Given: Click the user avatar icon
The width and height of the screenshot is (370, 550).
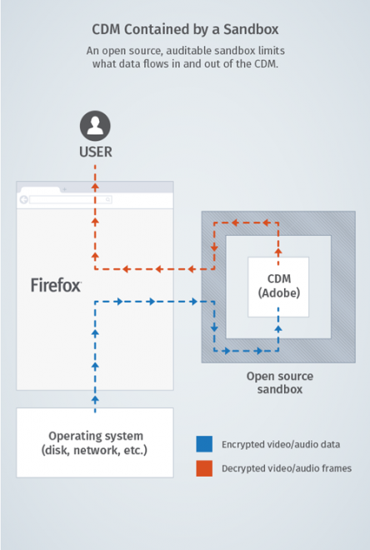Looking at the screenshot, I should point(94,126).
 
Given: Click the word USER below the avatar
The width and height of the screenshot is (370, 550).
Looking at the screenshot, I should point(94,152).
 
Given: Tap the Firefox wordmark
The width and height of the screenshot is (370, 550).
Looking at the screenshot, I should point(56,285).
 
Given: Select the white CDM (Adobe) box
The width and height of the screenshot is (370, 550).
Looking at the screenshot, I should point(278,287).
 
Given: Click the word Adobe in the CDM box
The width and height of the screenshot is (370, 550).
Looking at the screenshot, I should point(278,293).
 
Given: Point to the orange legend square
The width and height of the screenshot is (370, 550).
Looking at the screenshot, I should point(204,468).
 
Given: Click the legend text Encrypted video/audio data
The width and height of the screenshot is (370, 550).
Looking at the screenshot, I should point(280,444).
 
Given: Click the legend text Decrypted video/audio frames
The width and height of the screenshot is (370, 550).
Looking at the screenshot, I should point(287,468).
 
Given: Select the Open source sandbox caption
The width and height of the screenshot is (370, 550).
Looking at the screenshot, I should point(279,382).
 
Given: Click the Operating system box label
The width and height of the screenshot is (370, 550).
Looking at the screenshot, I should point(95,442).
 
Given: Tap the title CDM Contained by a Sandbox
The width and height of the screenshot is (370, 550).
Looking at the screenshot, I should point(186,30).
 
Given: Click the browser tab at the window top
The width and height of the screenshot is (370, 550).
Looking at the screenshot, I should point(40,188).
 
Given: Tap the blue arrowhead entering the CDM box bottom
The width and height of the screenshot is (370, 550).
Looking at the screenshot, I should point(278,327).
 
